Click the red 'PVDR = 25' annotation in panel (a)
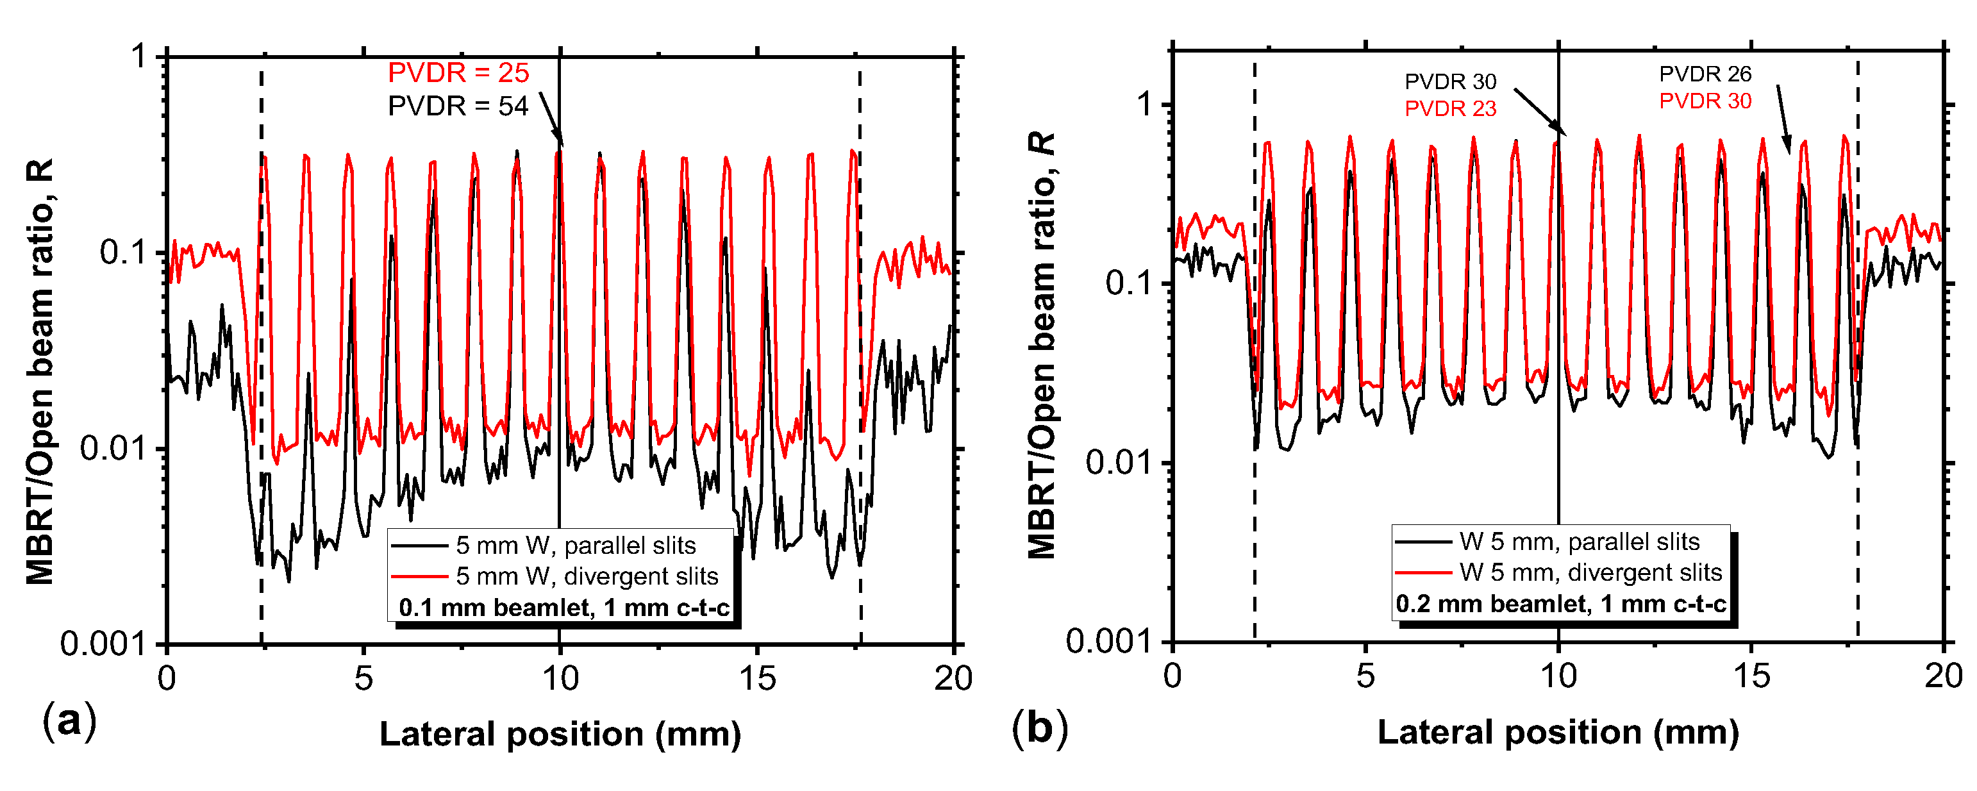458,73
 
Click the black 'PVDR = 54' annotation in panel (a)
458,106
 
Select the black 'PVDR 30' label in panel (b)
1450,81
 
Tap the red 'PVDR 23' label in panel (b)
1450,109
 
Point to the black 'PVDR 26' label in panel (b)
1705,74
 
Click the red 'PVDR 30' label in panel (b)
1705,101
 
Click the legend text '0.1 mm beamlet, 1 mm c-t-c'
564,608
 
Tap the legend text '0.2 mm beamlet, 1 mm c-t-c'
1561,604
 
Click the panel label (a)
70,722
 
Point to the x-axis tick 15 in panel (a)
758,678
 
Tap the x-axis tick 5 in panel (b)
1365,676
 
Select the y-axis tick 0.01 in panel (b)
1117,463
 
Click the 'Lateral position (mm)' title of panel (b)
1558,733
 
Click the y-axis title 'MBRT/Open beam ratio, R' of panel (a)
39,372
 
